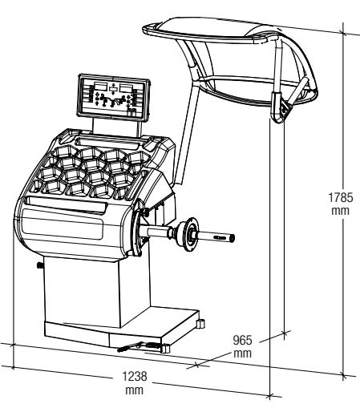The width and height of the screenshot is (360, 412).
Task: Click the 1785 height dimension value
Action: (x=341, y=197)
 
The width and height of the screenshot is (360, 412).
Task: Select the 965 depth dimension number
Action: (x=242, y=341)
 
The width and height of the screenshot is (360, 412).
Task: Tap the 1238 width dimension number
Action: (x=135, y=376)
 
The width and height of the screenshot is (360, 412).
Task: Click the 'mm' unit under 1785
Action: (x=341, y=211)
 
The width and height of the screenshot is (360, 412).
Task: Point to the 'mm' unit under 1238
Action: (x=135, y=390)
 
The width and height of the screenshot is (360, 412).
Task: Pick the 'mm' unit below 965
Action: (x=243, y=353)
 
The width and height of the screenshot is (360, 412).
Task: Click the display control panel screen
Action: (x=113, y=97)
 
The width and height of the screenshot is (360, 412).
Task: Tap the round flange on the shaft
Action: (x=190, y=235)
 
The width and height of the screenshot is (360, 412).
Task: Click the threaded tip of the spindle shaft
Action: (x=232, y=238)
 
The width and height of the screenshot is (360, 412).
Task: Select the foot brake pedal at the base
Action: (x=139, y=346)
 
